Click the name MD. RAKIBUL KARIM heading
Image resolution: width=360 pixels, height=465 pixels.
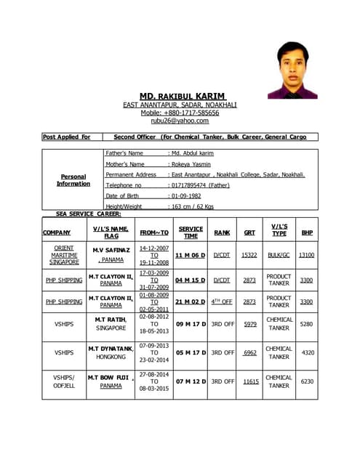click(x=183, y=96)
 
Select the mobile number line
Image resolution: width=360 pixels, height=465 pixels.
click(x=180, y=113)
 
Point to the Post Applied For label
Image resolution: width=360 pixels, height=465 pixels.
click(x=67, y=137)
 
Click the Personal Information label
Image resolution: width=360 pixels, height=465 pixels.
click(x=73, y=180)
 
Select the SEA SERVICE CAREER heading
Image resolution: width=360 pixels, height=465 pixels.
click(x=88, y=214)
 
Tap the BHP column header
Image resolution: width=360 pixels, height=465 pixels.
click(x=307, y=232)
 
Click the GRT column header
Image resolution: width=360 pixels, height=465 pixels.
click(x=249, y=232)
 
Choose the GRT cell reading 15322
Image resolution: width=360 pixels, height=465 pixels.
click(x=249, y=255)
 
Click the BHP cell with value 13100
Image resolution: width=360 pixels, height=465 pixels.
click(x=307, y=255)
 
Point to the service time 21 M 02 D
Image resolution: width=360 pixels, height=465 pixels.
click(x=191, y=302)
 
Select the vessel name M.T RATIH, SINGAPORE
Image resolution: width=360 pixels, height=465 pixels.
click(x=111, y=323)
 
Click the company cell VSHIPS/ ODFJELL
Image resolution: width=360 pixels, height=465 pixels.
click(x=64, y=381)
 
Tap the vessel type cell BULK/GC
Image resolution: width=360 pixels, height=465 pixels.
click(x=279, y=255)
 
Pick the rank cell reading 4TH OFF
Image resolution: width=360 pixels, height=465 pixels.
click(x=222, y=302)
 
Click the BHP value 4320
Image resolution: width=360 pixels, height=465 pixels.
click(x=307, y=352)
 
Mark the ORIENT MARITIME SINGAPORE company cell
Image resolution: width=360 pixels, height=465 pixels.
click(x=64, y=255)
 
